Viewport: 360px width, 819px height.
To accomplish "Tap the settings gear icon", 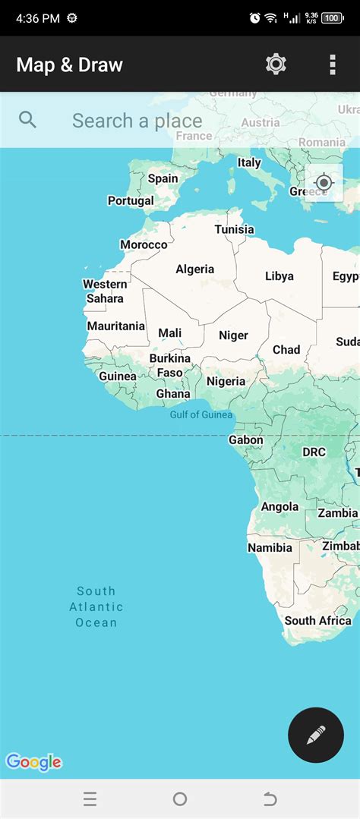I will [276, 65].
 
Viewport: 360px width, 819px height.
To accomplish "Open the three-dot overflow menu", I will [333, 65].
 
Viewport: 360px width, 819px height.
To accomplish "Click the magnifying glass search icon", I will [28, 120].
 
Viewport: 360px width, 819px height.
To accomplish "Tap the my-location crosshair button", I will [324, 183].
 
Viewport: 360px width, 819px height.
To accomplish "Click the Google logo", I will [33, 762].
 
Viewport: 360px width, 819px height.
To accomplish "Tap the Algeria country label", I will [195, 269].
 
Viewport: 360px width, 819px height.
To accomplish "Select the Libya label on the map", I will [279, 276].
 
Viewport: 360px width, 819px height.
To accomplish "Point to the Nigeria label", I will [226, 381].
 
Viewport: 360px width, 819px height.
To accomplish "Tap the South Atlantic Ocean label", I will [96, 606].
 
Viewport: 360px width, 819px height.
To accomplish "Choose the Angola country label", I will [279, 507].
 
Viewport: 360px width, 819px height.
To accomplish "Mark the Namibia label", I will [270, 547].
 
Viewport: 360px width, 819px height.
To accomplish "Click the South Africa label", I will [317, 620].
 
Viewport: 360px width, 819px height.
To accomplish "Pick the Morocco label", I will [144, 244].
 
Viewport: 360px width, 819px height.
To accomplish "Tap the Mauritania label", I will [115, 326].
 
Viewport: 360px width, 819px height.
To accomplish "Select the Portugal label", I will [131, 201].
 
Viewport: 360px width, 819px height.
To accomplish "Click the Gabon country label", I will [246, 440].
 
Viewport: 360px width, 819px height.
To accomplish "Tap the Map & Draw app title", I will [69, 65].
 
